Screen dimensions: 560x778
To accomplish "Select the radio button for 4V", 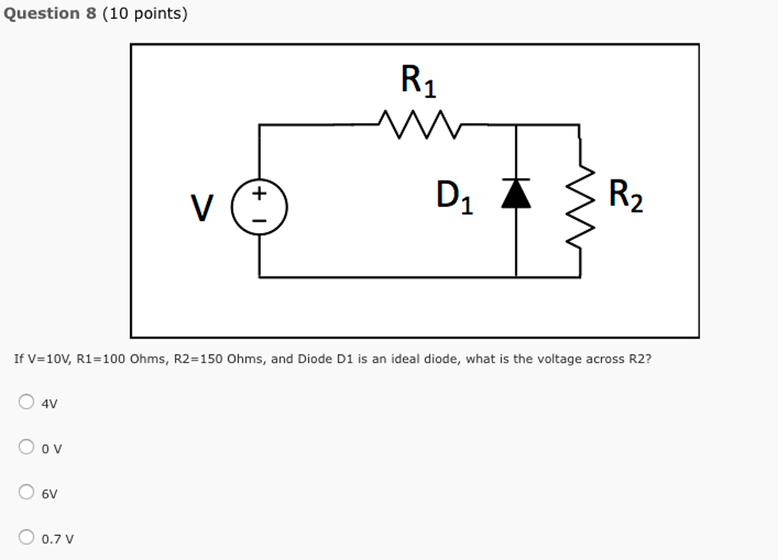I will [x=26, y=401].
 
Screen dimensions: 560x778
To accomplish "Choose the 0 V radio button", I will [x=26, y=447].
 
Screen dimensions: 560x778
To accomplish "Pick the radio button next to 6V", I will [x=26, y=492].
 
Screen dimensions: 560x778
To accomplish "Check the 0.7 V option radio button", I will [x=26, y=537].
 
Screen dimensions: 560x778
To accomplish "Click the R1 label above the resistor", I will [x=418, y=81].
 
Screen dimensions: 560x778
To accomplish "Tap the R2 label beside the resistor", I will [x=625, y=196].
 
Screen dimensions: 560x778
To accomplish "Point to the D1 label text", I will [x=454, y=197].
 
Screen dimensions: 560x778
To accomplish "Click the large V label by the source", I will [x=202, y=208].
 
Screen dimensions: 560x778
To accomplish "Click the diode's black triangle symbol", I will [x=516, y=195].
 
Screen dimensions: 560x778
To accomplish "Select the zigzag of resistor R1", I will [x=420, y=125].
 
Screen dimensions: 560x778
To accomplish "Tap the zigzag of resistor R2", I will [x=580, y=207].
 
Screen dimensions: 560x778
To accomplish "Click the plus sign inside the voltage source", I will [x=259, y=194].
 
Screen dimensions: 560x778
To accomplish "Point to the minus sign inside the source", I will [x=259, y=221].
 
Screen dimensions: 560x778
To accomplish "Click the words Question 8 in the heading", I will [x=50, y=14].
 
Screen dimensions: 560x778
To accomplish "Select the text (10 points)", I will [x=145, y=14].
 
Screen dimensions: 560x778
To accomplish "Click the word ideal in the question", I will [x=406, y=359].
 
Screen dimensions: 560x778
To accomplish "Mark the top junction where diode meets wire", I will [x=516, y=125].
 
